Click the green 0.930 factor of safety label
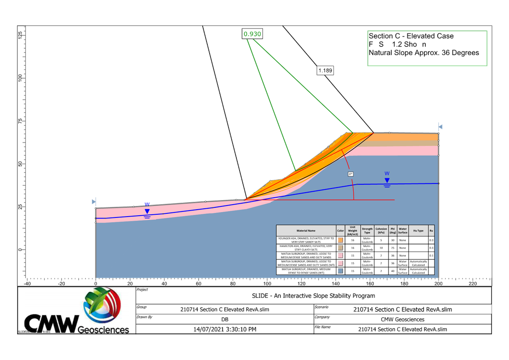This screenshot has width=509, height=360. [x=252, y=34]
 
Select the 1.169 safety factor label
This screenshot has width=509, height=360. [x=325, y=71]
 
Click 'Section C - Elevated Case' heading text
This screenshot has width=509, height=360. [x=411, y=36]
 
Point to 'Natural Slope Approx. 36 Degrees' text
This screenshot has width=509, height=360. [x=423, y=53]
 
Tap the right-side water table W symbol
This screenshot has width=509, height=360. [x=387, y=180]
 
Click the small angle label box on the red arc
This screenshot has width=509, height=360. [x=350, y=174]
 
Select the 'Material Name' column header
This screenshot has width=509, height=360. [x=305, y=230]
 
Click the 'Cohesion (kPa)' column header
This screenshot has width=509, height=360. [x=381, y=230]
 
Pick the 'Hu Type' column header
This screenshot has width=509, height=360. [x=418, y=230]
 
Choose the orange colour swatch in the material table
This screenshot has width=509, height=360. [x=340, y=240]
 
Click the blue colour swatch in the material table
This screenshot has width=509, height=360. [x=340, y=271]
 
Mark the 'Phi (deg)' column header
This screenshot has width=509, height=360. [x=393, y=230]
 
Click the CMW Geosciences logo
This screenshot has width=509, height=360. [x=76, y=311]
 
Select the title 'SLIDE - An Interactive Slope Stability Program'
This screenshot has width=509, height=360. [x=314, y=296]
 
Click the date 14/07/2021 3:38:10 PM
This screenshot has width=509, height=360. [x=225, y=329]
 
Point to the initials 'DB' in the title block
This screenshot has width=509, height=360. [x=225, y=319]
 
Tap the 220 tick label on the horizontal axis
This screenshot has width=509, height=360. [x=473, y=284]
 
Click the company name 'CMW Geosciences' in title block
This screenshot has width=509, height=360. [x=403, y=319]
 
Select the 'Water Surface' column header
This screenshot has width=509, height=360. [x=403, y=230]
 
